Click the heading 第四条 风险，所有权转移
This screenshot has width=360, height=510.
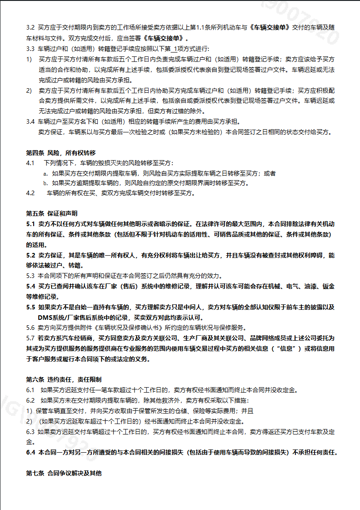tap(60, 152)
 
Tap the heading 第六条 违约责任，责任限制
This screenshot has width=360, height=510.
tap(64, 379)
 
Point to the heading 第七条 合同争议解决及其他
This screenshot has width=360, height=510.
tap(64, 474)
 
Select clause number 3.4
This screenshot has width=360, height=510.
tap(30, 121)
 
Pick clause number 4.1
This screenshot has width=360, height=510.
tap(30, 163)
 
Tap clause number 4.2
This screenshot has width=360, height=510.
tap(30, 193)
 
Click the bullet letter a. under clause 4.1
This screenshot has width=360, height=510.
tap(45, 173)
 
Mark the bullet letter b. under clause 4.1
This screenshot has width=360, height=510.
tap(45, 183)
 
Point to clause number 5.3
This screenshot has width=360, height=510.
tap(30, 276)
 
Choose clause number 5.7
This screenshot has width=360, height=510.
tap(30, 338)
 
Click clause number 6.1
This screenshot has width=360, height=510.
tap(30, 390)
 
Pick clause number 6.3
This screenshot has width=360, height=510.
tap(30, 431)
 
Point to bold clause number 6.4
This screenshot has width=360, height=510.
tap(30, 452)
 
